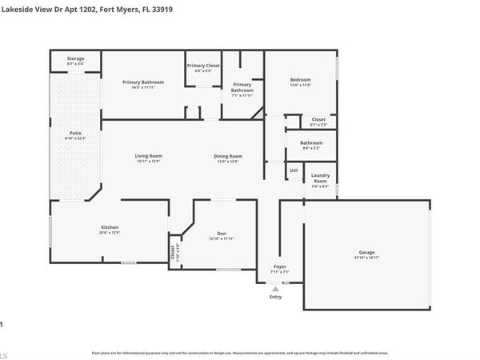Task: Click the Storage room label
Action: (x=75, y=58)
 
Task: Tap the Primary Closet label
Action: (x=203, y=66)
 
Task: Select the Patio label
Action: (x=75, y=133)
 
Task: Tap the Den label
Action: (x=221, y=233)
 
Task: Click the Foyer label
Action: (x=279, y=266)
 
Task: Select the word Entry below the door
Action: (x=275, y=296)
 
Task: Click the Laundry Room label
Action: (x=320, y=178)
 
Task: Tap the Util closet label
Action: (x=294, y=170)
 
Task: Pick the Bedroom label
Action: (x=300, y=80)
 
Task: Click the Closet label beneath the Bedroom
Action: (x=318, y=119)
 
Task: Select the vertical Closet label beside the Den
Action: (x=174, y=251)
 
